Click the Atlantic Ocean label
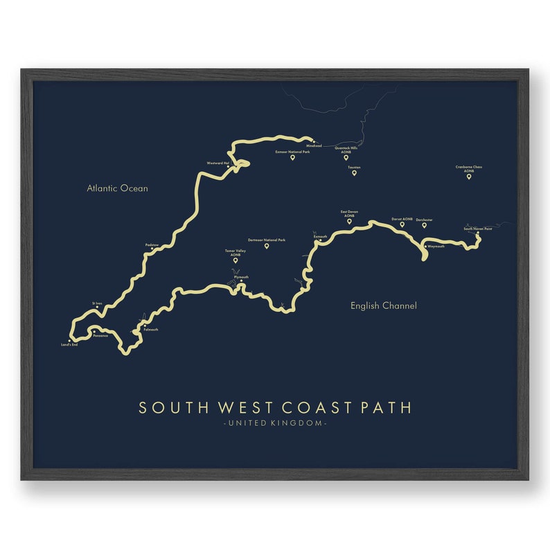[x=117, y=188]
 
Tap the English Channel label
[x=383, y=305]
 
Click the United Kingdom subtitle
[x=275, y=423]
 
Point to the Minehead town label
[x=314, y=145]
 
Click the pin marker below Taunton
[x=354, y=173]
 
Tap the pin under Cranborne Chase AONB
[x=468, y=177]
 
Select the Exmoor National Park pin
[x=292, y=158]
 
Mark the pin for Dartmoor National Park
[x=266, y=246]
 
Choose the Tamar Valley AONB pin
[x=236, y=260]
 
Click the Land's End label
[x=69, y=344]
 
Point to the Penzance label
[x=100, y=336]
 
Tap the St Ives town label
[x=97, y=303]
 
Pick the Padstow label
[x=152, y=245]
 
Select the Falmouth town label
[x=150, y=330]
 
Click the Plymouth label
[x=241, y=276]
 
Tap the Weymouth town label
[x=436, y=246]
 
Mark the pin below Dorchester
[x=425, y=225]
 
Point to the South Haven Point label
[x=478, y=228]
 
